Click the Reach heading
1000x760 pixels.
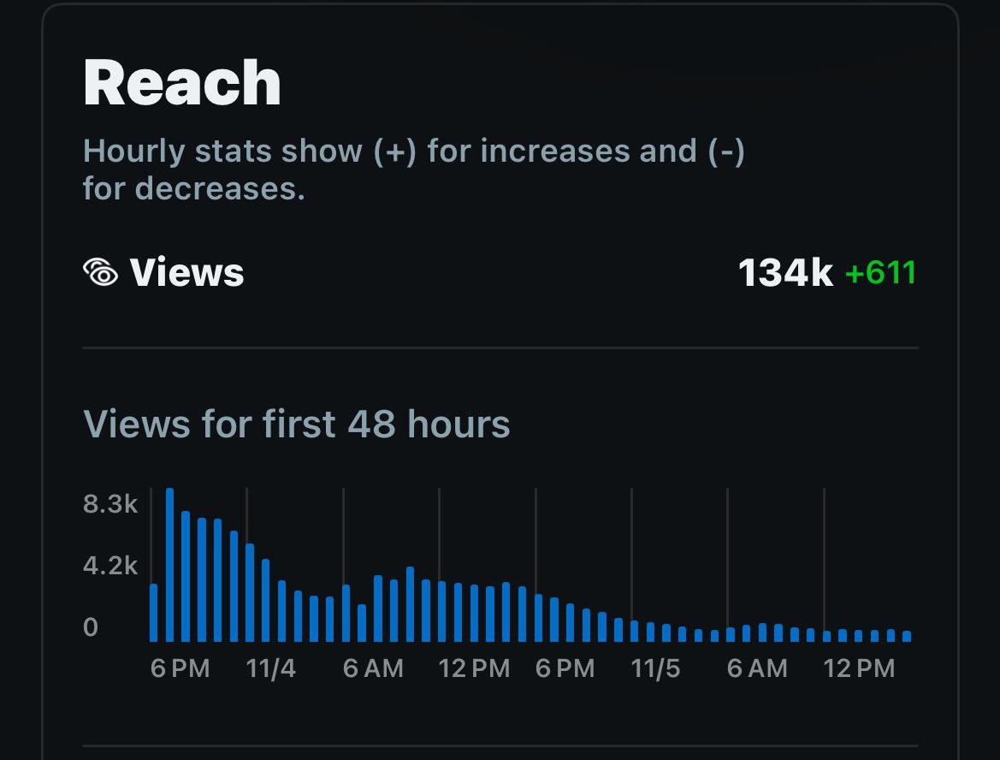click(181, 83)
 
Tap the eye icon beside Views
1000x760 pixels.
click(101, 272)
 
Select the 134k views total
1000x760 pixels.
click(785, 272)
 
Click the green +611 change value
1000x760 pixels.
click(880, 272)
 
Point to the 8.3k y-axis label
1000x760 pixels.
click(110, 504)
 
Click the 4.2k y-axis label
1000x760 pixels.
click(110, 566)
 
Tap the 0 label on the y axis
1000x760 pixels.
click(91, 627)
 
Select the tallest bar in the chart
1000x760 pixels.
click(169, 565)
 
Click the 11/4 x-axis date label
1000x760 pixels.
click(270, 668)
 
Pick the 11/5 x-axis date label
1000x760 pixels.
click(655, 668)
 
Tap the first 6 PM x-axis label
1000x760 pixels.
click(180, 668)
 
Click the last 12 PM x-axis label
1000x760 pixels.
click(859, 668)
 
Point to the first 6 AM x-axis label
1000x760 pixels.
click(373, 668)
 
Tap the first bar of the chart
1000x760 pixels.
click(154, 613)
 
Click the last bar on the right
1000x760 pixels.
click(907, 636)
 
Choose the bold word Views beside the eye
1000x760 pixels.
click(186, 272)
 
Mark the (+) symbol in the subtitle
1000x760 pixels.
click(394, 151)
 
